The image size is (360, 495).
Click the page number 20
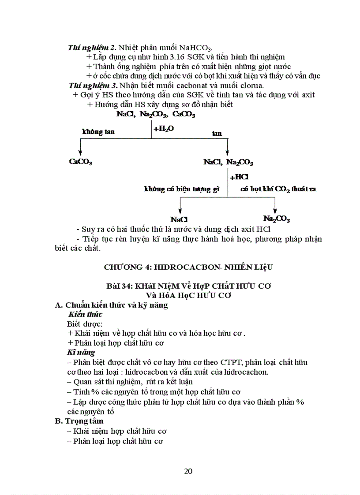click(188, 471)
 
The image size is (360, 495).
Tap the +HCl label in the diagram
click(239, 177)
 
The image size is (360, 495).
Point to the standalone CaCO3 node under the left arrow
click(80, 162)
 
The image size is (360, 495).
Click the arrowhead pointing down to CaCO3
click(79, 152)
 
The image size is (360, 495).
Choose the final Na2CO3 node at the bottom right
click(277, 218)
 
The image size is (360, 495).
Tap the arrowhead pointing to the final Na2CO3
click(275, 211)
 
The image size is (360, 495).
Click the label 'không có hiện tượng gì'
click(181, 189)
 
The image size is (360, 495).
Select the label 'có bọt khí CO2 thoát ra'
click(278, 189)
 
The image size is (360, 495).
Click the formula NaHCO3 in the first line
click(196, 48)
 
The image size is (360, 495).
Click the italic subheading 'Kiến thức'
click(85, 314)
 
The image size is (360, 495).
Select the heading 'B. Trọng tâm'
click(79, 421)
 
